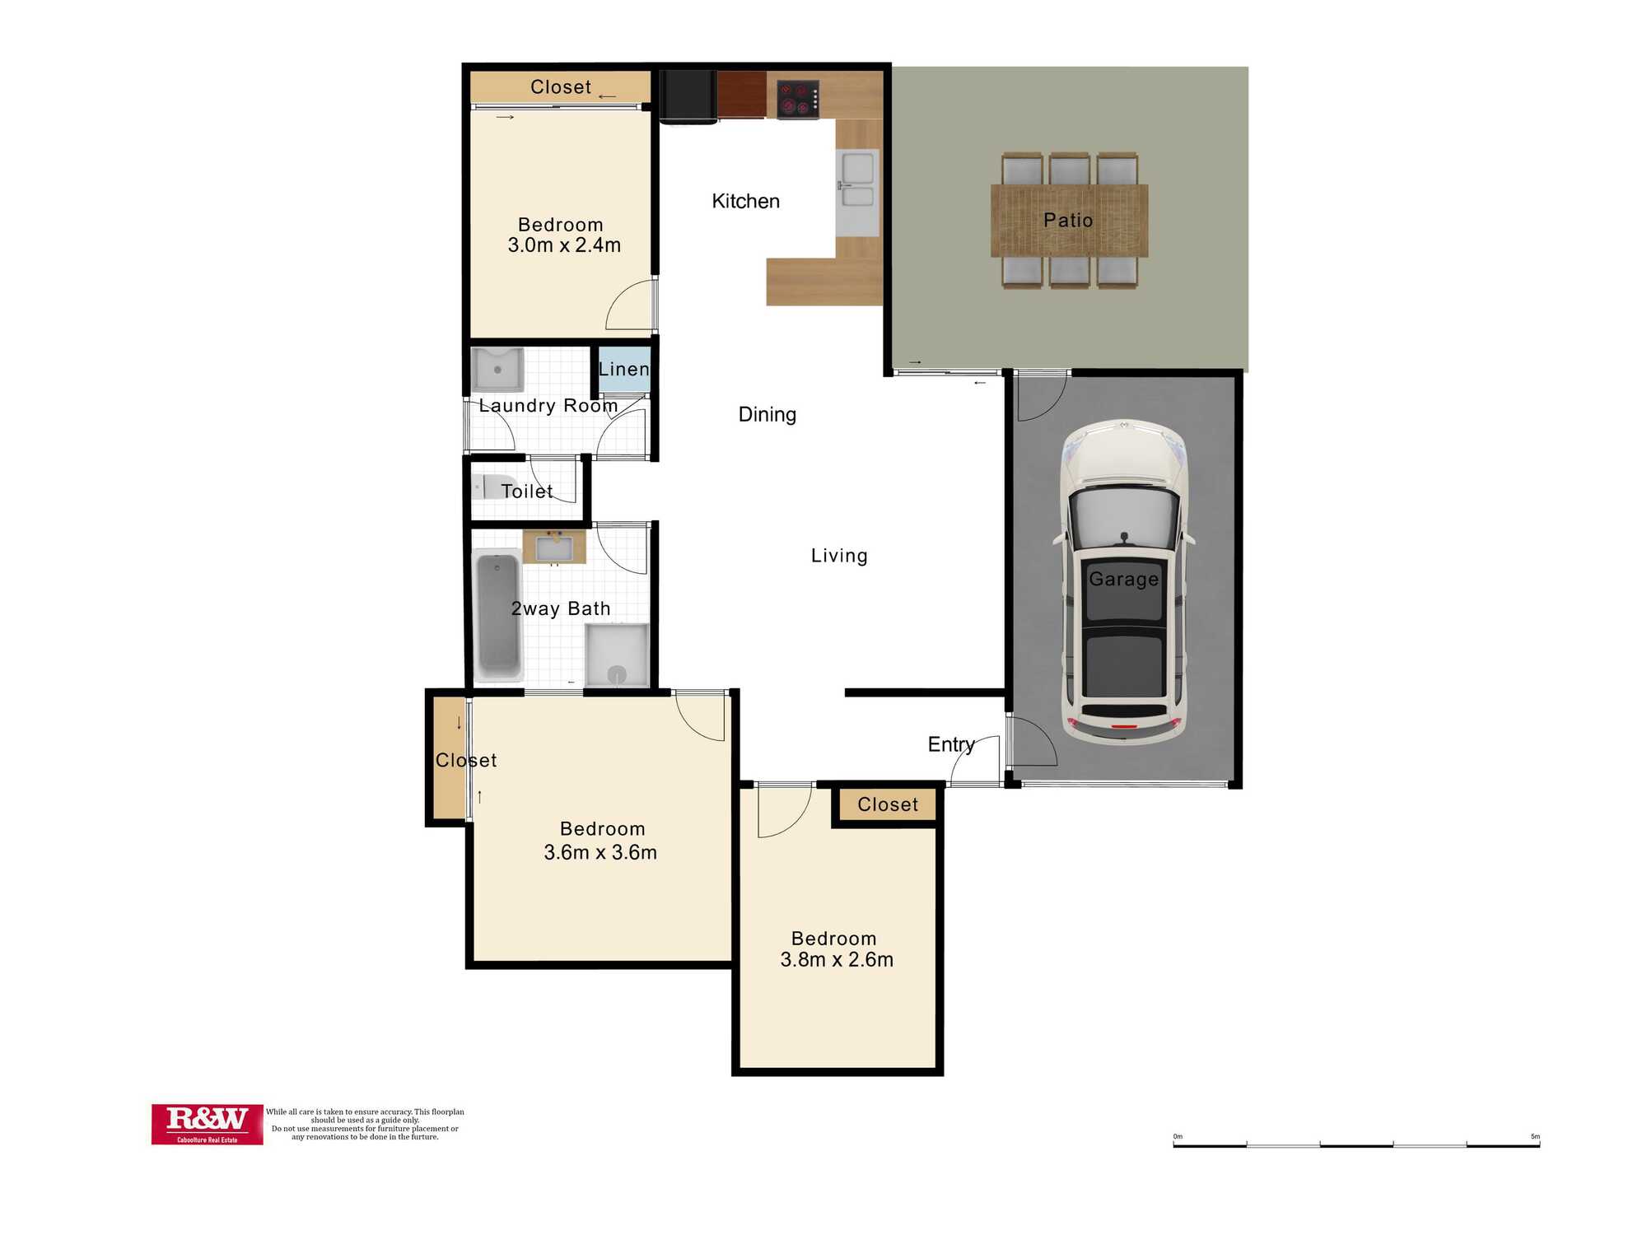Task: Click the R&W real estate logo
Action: coord(207,1124)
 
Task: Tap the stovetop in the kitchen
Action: coord(798,100)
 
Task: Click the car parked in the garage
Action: coord(1124,581)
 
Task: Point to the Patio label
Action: coord(1068,220)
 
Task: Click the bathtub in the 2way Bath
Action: coord(497,616)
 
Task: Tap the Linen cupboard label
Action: coord(623,369)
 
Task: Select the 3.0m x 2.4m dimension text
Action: coord(564,245)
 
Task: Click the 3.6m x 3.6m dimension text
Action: coord(600,852)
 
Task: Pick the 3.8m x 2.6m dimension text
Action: coord(837,959)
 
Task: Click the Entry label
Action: coord(951,744)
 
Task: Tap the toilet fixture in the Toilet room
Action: coord(493,487)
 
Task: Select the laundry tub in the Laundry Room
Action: coord(497,370)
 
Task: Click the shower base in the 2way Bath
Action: coord(617,655)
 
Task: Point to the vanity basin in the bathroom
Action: coord(554,548)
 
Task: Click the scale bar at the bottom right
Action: coord(1356,1144)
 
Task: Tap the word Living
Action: coord(839,556)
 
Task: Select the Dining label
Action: coord(767,414)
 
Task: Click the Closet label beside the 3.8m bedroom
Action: coord(887,804)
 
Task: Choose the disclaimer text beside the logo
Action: coord(365,1124)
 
